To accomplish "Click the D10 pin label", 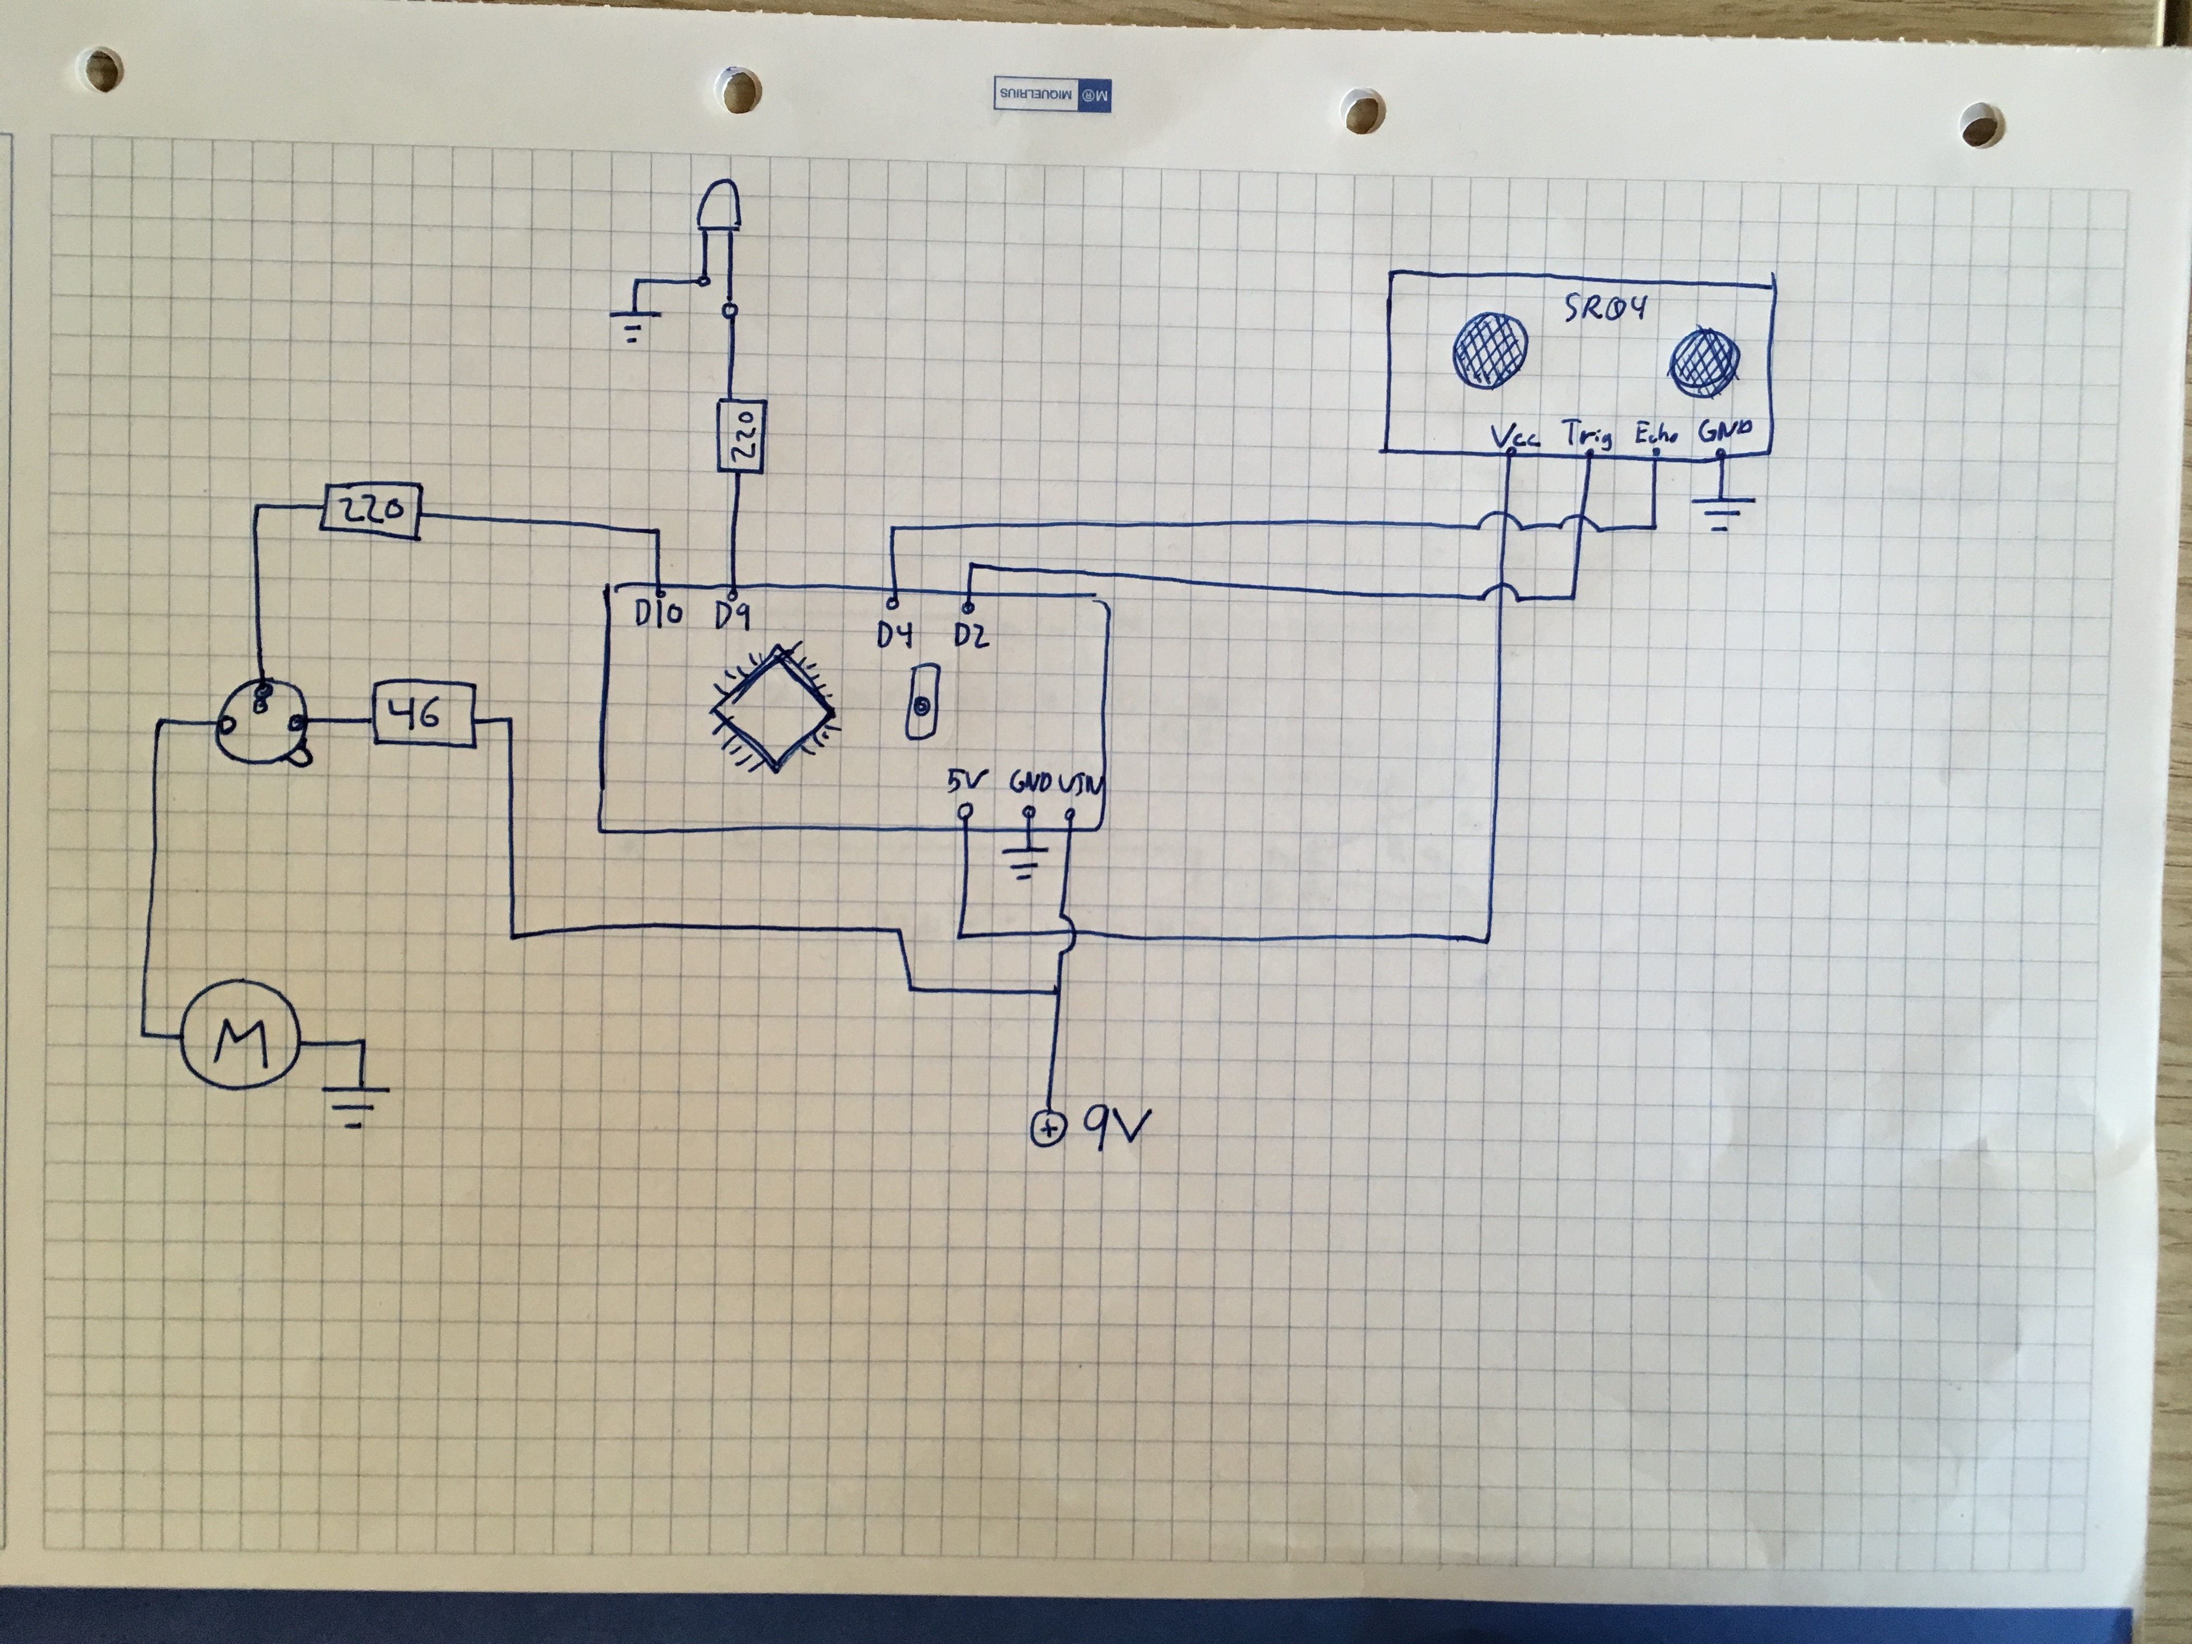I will click(659, 614).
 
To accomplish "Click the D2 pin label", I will click(971, 634).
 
